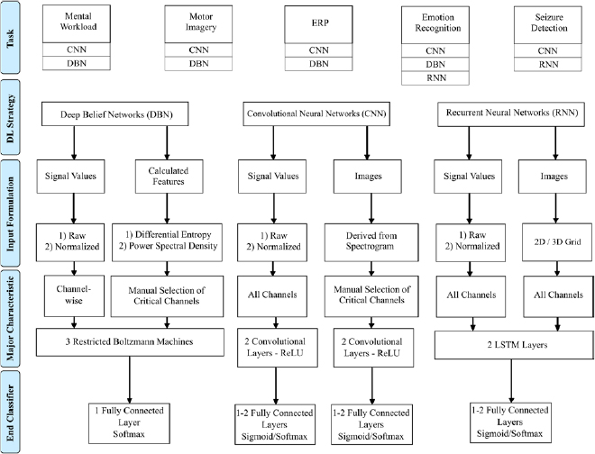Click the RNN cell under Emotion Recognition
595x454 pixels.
pyautogui.click(x=435, y=77)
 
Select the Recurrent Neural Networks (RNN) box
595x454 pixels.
pyautogui.click(x=511, y=114)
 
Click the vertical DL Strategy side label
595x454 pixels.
pyautogui.click(x=12, y=114)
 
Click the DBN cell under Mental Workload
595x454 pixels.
pyautogui.click(x=78, y=63)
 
